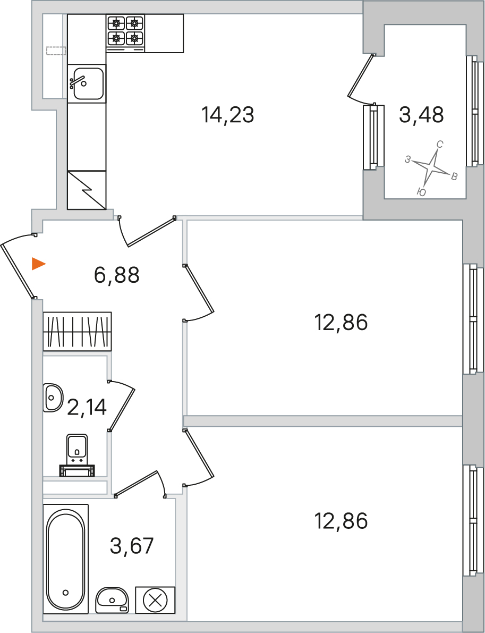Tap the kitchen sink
(87, 83)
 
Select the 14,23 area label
(228, 115)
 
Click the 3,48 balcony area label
(421, 114)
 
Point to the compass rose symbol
(432, 167)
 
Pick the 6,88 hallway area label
(117, 275)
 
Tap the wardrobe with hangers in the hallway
(78, 331)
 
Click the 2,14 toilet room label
(87, 407)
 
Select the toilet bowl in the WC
(77, 455)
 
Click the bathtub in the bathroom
(65, 559)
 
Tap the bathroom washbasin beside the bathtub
(112, 600)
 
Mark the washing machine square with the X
(155, 600)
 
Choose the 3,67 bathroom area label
(132, 546)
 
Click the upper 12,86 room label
(341, 323)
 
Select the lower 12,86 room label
(341, 521)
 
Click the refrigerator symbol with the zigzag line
(87, 190)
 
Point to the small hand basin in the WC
(53, 398)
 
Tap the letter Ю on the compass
(421, 192)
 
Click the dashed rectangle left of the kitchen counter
(56, 51)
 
